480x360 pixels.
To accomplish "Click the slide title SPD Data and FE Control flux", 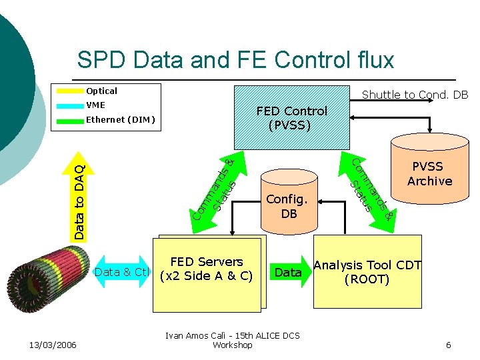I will click(235, 60).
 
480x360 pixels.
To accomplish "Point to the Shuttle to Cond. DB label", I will click(415, 95).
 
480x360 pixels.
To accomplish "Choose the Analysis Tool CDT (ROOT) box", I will click(367, 272).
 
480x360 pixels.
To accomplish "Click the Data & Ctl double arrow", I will click(121, 272).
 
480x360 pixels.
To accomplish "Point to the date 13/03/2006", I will click(53, 345).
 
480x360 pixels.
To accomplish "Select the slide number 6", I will click(448, 345).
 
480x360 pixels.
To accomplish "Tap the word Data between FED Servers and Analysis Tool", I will click(288, 272).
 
